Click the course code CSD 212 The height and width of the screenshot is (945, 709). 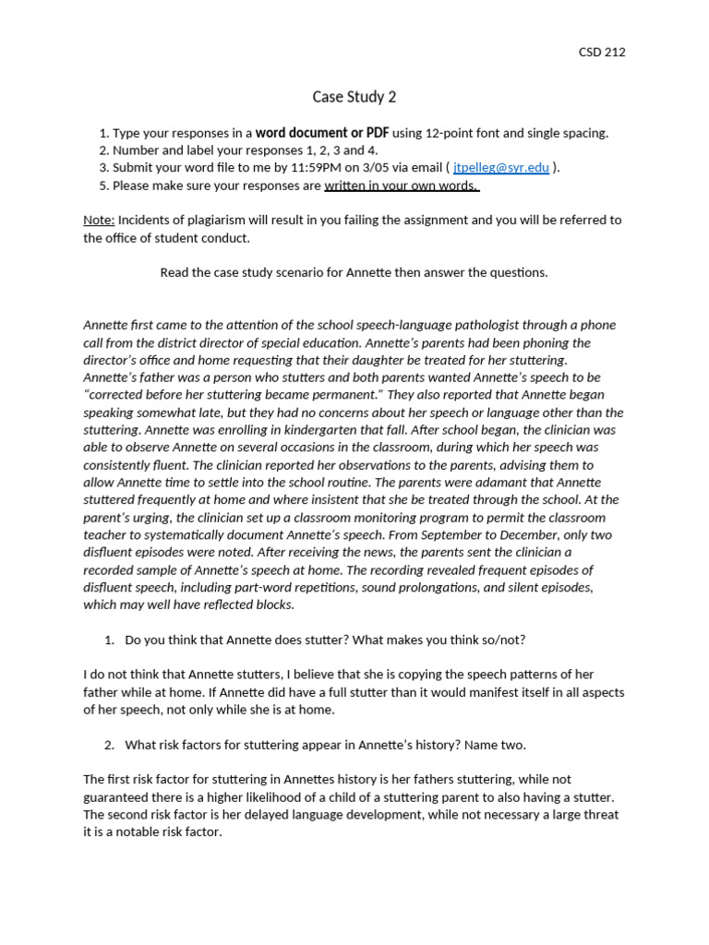[601, 53]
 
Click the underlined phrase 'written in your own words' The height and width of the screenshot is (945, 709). [401, 185]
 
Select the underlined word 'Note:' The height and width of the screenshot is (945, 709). [99, 221]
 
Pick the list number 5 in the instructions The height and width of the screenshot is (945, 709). [103, 185]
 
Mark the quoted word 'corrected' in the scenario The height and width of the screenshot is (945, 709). [123, 395]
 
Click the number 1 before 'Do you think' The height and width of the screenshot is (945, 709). [108, 640]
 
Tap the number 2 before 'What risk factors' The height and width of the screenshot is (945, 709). [108, 746]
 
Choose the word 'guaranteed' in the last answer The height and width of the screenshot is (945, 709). [117, 797]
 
